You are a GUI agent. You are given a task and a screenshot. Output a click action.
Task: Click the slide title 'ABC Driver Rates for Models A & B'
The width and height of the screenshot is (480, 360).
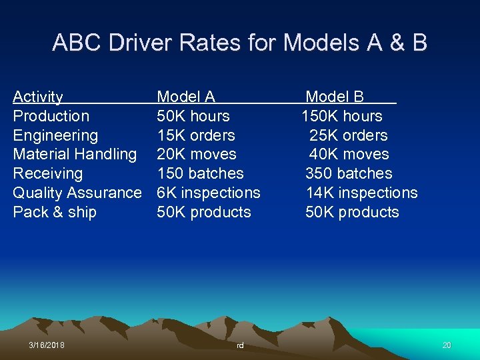click(239, 43)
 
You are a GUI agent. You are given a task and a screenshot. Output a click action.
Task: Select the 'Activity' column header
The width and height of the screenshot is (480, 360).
click(38, 97)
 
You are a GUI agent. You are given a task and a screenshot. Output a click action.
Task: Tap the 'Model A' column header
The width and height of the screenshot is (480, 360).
click(185, 97)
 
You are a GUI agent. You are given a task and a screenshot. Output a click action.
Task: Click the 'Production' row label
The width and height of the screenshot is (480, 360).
click(51, 116)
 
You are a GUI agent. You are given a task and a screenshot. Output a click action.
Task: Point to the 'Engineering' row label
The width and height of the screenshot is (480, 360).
click(55, 135)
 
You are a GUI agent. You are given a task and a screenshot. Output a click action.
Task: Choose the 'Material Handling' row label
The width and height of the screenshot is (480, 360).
click(75, 154)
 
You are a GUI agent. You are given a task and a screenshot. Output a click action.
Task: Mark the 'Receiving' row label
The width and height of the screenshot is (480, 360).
click(48, 173)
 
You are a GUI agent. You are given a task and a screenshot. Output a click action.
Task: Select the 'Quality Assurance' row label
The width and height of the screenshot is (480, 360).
click(77, 193)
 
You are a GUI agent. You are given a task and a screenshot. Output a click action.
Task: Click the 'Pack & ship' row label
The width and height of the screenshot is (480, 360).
click(55, 212)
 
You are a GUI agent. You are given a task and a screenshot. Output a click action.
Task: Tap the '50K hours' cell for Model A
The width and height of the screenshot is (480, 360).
click(193, 116)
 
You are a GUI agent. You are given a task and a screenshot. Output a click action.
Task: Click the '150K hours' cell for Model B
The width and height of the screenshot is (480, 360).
click(342, 116)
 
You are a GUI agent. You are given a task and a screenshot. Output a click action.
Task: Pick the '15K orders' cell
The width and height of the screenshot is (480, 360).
click(195, 135)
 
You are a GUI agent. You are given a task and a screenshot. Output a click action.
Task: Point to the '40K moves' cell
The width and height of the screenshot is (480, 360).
click(349, 154)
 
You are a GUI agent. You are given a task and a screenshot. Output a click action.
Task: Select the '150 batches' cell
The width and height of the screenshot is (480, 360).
click(200, 173)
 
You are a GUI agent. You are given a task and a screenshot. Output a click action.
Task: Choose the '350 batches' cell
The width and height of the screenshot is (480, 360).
click(349, 173)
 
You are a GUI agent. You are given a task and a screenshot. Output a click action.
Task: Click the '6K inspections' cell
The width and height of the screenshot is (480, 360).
click(208, 193)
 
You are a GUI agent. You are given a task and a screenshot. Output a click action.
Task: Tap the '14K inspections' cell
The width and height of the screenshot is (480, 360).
click(361, 193)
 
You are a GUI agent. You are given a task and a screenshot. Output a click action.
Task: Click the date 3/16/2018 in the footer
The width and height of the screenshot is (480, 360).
click(47, 345)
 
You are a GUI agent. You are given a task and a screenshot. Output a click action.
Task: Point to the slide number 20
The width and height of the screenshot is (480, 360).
click(447, 345)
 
